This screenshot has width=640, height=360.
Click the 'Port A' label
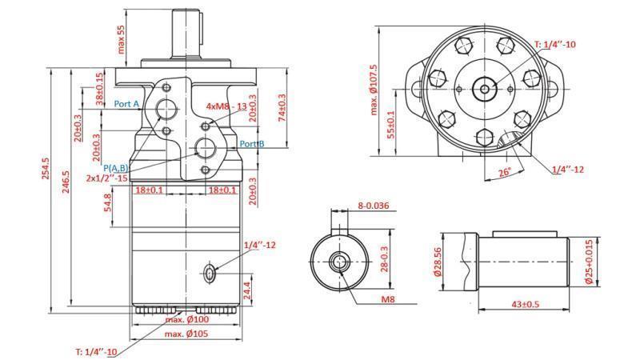click(x=126, y=104)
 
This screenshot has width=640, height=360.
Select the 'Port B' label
click(x=252, y=144)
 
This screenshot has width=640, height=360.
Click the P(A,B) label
click(x=117, y=167)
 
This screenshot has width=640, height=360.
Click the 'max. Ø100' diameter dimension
click(x=186, y=320)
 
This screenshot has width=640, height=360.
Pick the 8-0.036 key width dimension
click(x=373, y=206)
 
